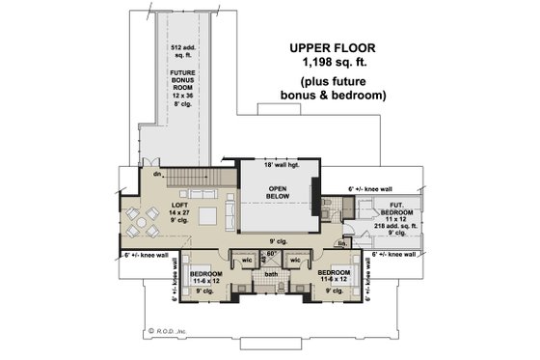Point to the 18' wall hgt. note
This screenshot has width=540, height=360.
pyautogui.click(x=279, y=166)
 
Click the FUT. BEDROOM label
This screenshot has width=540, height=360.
pyautogui.click(x=401, y=208)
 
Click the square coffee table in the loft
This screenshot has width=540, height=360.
pyautogui.click(x=205, y=218)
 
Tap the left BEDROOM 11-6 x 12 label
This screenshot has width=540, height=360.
pyautogui.click(x=207, y=278)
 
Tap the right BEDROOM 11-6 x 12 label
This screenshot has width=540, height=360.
pyautogui.click(x=335, y=278)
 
